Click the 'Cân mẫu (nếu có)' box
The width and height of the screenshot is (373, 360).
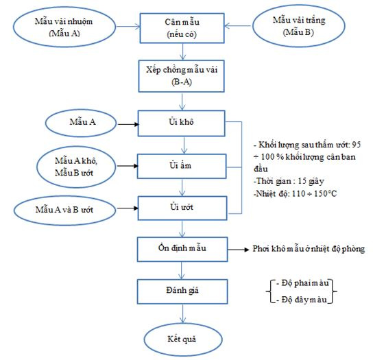[x=182, y=28]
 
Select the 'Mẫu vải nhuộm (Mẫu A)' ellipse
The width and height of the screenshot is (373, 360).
[x=64, y=27]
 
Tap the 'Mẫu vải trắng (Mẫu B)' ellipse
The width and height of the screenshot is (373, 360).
[x=299, y=25]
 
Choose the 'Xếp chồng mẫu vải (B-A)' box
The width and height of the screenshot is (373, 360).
[x=182, y=76]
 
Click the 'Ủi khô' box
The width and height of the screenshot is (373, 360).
[x=181, y=123]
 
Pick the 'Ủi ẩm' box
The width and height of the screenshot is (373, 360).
[x=182, y=166]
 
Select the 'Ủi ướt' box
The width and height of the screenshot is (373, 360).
[x=182, y=208]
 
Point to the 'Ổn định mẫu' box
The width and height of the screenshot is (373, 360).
[x=182, y=249]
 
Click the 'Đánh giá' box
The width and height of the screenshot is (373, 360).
[x=182, y=291]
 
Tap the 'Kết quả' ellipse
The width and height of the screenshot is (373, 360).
[x=182, y=339]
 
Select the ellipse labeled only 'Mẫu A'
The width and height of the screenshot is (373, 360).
[x=81, y=123]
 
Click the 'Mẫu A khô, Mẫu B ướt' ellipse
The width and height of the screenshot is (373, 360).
[x=76, y=167]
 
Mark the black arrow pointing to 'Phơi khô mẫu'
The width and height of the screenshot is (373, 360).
[x=238, y=250]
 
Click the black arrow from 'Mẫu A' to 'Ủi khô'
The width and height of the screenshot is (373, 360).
[x=128, y=124]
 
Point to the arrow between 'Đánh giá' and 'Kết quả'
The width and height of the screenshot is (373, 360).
[x=182, y=313]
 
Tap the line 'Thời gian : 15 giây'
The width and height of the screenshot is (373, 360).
[x=289, y=181]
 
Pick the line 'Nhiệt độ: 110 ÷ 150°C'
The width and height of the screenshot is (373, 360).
[x=295, y=193]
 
